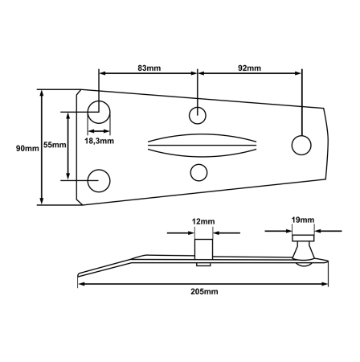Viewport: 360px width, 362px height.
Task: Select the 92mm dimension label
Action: tap(249, 68)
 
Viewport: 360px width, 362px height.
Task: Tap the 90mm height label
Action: tap(27, 148)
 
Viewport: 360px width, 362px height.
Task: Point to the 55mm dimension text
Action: tap(55, 145)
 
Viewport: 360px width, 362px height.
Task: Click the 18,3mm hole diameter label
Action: tap(100, 141)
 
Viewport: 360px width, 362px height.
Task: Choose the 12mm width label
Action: tap(203, 221)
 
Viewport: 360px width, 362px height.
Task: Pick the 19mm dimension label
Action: tap(303, 220)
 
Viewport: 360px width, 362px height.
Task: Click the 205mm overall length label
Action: tap(204, 291)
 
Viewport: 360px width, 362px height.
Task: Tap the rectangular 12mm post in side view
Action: tap(203, 249)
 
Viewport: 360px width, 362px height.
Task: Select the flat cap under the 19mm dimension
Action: tap(303, 238)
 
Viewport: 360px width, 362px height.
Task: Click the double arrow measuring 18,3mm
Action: tap(99, 131)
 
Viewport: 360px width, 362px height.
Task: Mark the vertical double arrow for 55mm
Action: tap(68, 146)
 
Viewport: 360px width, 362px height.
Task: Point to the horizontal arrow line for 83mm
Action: tap(148, 73)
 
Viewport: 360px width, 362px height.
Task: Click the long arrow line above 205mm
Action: tap(202, 284)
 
